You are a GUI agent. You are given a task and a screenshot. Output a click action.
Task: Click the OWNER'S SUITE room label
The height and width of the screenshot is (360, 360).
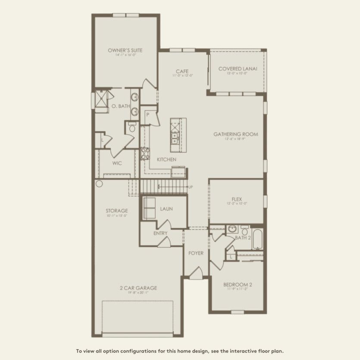pos(125,50)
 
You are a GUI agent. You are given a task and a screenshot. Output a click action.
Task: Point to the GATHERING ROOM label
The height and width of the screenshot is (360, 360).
pos(236,134)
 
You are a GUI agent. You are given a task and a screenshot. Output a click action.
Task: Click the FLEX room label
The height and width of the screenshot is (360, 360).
pos(237,199)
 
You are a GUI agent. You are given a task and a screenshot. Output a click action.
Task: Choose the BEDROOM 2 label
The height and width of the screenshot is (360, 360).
pos(238,285)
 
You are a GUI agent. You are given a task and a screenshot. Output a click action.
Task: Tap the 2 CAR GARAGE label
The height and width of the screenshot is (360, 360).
pos(138,288)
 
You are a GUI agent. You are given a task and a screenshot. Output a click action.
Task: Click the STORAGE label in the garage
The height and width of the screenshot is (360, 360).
pos(116,211)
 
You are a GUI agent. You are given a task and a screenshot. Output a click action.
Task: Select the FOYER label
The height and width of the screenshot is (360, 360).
pos(196,253)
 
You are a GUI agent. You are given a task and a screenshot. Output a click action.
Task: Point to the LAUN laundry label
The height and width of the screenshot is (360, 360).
pos(166,209)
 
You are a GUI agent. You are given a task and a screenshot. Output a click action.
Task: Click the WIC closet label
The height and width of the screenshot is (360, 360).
pos(117,163)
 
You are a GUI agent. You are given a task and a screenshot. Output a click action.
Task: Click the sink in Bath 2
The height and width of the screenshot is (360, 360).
pos(232,229)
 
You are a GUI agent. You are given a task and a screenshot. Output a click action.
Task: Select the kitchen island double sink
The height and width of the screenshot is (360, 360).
pos(175,138)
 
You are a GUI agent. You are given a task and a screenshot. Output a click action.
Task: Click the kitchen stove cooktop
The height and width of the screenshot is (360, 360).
pos(145,153)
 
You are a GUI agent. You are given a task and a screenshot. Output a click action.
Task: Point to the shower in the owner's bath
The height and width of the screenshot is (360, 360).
pos(102,99)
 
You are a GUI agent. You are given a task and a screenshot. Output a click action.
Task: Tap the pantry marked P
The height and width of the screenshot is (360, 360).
pos(147,115)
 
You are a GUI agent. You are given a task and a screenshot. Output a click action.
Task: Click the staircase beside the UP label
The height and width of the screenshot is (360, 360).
pos(164,187)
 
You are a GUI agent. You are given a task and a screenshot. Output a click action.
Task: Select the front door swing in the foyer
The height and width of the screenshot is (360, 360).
pos(196,272)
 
